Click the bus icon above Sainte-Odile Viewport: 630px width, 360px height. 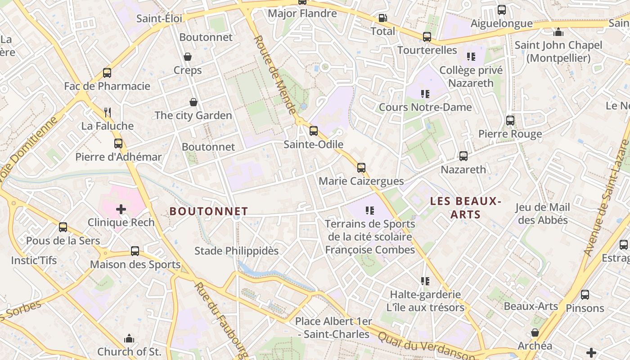point(314,131)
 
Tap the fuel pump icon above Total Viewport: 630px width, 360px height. point(382,18)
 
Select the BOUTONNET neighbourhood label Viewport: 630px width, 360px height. point(209,211)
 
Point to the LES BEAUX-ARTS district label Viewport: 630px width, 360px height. point(465,207)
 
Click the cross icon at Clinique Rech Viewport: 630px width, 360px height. point(121,209)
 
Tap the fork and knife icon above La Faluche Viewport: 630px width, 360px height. point(107,112)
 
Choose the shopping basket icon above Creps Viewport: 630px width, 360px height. point(188,57)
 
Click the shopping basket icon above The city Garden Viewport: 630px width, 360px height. point(193,102)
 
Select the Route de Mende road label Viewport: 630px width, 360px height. point(275,75)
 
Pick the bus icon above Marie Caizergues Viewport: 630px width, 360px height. point(361,168)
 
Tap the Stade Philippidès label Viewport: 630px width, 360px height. point(236,251)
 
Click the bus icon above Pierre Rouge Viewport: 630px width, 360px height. point(510,121)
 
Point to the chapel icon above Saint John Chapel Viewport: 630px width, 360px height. point(558,32)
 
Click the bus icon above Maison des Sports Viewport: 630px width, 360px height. point(135,251)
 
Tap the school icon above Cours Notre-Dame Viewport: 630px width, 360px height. point(425,94)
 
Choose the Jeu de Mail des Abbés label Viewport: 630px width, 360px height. point(542,214)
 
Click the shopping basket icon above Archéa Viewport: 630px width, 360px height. point(535,333)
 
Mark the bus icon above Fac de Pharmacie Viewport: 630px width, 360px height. point(107,73)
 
